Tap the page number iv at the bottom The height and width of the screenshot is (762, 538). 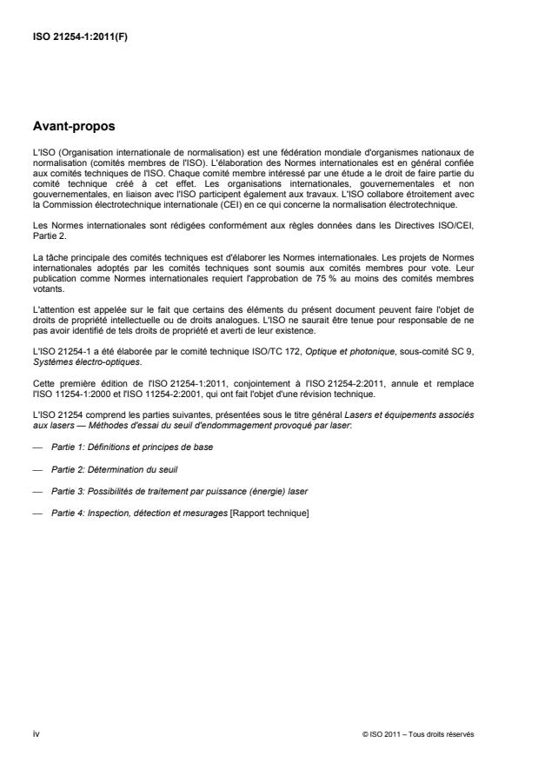click(x=35, y=733)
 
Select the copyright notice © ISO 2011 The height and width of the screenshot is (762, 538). click(x=417, y=734)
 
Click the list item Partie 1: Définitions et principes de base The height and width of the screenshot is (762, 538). click(x=132, y=447)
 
